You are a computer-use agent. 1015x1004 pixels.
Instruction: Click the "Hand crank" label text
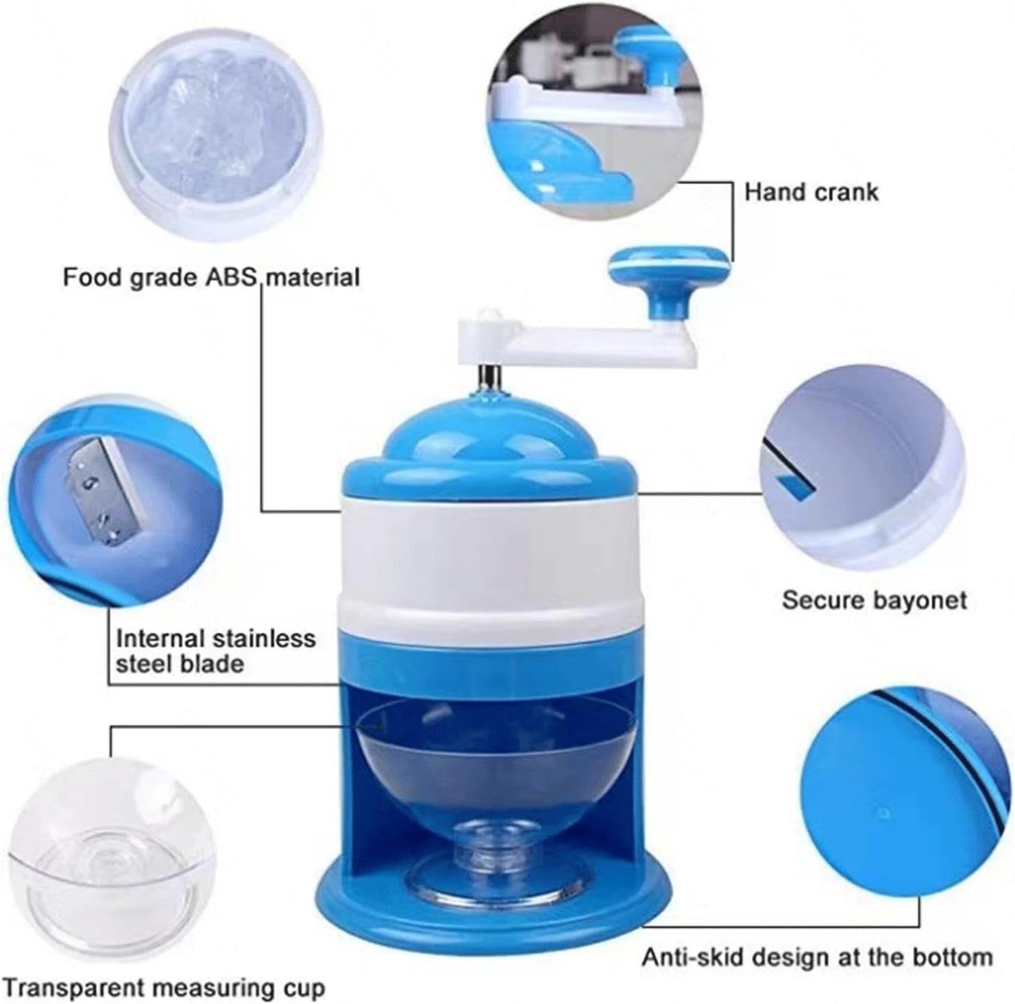tap(811, 192)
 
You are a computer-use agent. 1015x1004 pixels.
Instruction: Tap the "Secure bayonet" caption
tap(874, 600)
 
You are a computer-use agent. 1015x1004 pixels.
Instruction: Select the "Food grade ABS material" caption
tap(211, 278)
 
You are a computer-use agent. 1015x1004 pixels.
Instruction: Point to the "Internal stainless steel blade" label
tap(215, 651)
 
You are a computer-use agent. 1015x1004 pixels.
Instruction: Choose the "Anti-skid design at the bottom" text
tap(817, 957)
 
